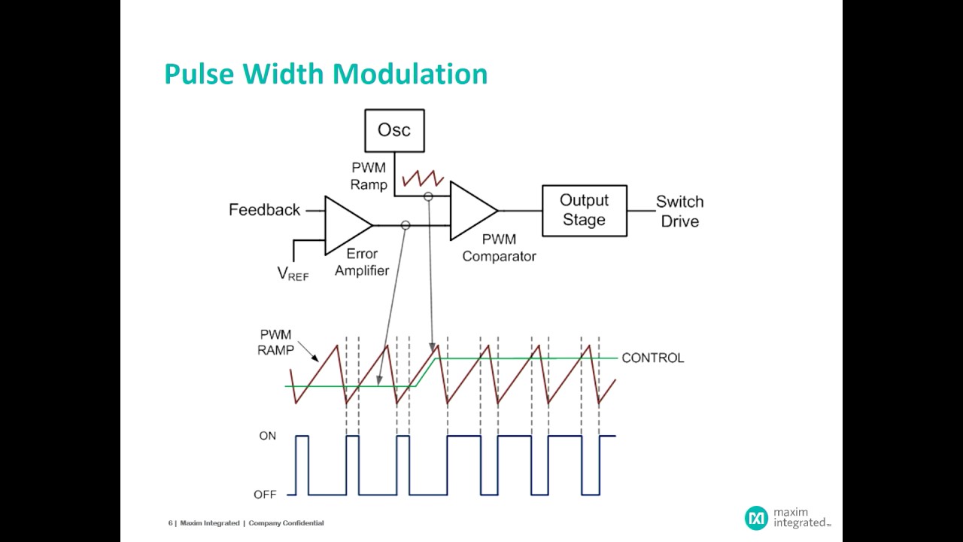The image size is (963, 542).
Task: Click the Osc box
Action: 394,130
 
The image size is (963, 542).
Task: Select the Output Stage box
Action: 584,211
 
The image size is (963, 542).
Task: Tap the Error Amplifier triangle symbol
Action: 345,225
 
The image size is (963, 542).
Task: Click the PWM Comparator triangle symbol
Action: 470,211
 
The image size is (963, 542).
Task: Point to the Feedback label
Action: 264,210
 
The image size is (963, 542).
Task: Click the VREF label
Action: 293,274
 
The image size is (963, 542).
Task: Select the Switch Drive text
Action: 679,212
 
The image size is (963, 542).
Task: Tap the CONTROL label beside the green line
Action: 652,358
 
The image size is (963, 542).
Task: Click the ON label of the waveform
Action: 268,436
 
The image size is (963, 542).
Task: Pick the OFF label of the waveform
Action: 265,495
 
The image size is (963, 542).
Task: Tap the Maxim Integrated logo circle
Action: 756,518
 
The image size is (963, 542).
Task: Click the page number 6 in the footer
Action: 170,523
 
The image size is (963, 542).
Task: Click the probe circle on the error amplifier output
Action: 406,225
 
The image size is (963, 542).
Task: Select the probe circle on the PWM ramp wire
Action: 428,196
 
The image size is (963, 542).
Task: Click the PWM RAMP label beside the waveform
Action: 275,343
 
